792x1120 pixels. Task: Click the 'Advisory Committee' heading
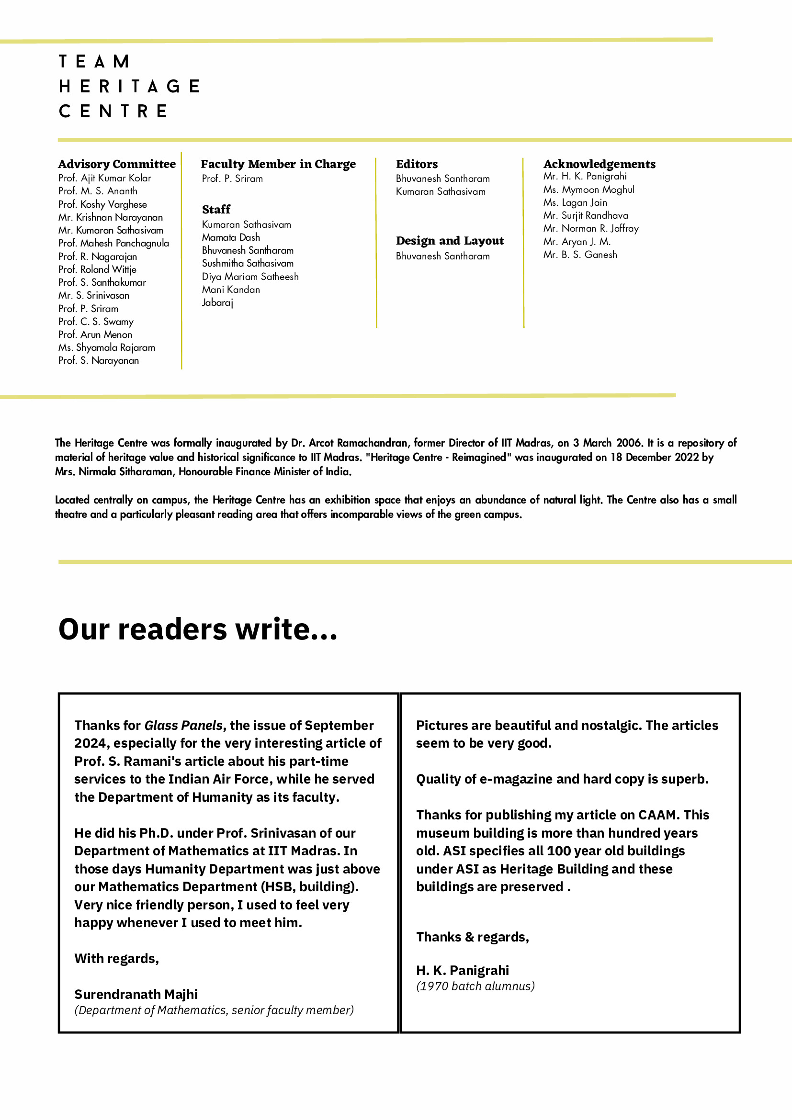click(117, 164)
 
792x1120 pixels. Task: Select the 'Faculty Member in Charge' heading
click(278, 164)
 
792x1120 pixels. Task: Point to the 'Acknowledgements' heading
click(599, 164)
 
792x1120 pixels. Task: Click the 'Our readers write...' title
click(198, 629)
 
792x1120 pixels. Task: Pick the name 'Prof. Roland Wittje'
click(97, 269)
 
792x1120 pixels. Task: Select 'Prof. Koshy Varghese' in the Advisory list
click(102, 204)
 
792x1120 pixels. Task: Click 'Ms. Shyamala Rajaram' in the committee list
click(106, 347)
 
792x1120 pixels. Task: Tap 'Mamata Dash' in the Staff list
click(231, 237)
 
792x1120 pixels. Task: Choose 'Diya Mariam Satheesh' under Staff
click(250, 277)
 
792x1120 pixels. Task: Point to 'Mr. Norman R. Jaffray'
click(590, 228)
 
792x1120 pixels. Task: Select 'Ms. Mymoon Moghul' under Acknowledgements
click(588, 189)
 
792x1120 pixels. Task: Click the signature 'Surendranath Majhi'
click(136, 994)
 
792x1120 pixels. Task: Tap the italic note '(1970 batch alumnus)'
click(475, 986)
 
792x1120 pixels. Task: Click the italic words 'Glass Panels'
click(183, 725)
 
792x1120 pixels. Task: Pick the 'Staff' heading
click(216, 209)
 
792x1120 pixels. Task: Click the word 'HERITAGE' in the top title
click(129, 86)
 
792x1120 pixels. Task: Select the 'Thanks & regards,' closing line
click(472, 937)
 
